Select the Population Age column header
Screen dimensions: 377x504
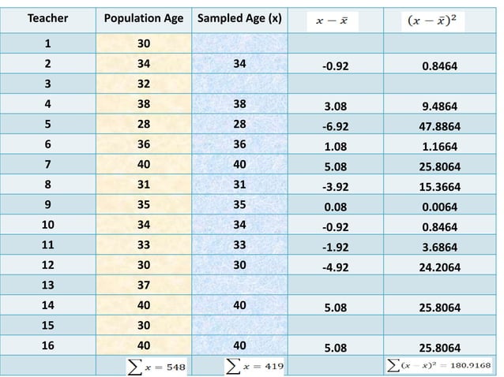pyautogui.click(x=144, y=18)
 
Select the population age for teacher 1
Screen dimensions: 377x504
pyautogui.click(x=143, y=44)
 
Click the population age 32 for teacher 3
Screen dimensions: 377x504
pyautogui.click(x=143, y=84)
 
